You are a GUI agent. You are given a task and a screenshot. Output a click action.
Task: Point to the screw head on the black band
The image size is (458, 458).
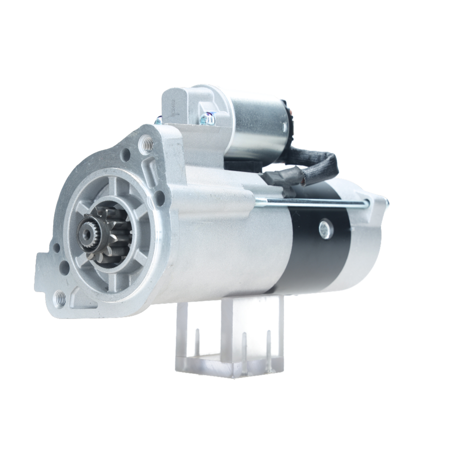326,228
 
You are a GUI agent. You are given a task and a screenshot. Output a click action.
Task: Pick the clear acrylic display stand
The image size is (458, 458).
229,339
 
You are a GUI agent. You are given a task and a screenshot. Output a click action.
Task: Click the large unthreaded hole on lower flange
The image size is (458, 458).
65,267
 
